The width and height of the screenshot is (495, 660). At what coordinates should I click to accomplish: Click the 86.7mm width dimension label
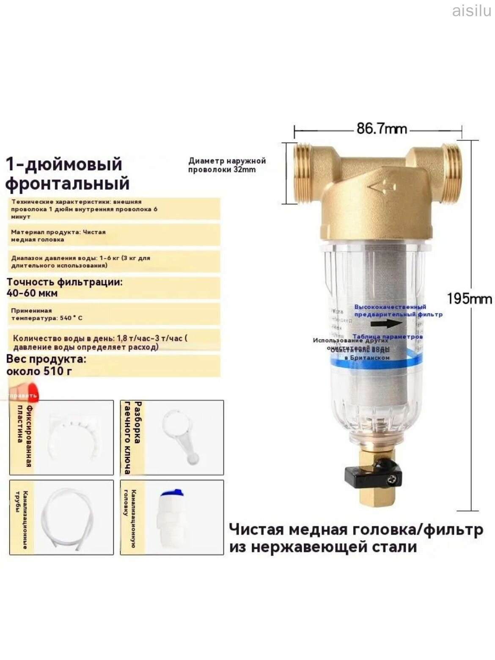[x=381, y=128]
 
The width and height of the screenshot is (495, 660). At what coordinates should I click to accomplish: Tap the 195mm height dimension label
[x=469, y=299]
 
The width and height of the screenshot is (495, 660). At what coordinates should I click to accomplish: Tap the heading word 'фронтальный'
[x=67, y=184]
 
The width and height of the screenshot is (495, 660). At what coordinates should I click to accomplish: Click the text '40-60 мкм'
[x=32, y=293]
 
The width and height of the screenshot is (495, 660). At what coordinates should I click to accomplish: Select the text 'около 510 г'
[x=39, y=371]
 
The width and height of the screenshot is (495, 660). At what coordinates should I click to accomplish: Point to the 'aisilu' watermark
[x=471, y=10]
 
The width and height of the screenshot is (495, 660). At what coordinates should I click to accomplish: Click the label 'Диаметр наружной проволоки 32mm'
[x=227, y=165]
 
